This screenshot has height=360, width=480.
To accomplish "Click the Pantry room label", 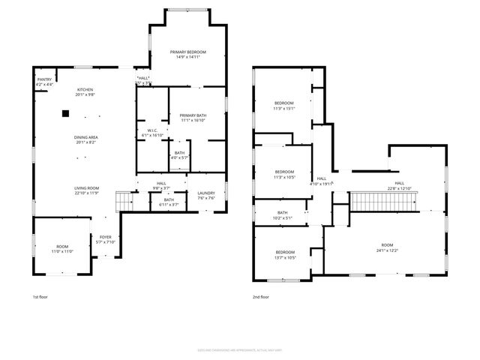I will [x=44, y=81].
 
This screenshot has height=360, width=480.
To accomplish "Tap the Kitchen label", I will [x=86, y=92].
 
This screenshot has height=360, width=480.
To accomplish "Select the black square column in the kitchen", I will [x=66, y=113].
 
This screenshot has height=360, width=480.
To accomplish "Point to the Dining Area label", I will [x=86, y=138].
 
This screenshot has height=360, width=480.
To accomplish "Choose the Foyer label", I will [x=105, y=239].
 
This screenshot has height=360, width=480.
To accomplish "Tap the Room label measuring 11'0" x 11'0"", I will [x=61, y=248].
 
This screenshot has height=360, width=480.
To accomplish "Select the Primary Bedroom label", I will [x=187, y=54].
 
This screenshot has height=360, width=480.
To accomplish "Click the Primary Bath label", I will [x=193, y=117].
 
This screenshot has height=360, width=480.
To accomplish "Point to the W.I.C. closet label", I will [x=152, y=133].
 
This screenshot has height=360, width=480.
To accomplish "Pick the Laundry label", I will [x=206, y=196].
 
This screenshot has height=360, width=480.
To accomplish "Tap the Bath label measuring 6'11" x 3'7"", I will [x=169, y=202].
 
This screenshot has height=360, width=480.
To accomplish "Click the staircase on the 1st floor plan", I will [x=124, y=199].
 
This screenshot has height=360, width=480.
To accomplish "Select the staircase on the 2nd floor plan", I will [x=379, y=201].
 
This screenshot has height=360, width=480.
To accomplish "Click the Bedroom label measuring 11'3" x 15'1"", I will [x=283, y=105].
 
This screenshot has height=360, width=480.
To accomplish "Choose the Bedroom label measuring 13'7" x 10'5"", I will [x=284, y=254].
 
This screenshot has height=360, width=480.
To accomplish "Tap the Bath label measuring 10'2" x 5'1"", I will [x=282, y=215].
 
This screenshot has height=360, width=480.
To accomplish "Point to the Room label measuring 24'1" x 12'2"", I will [x=387, y=247].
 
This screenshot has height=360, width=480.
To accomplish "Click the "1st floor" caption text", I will [x=40, y=298].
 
